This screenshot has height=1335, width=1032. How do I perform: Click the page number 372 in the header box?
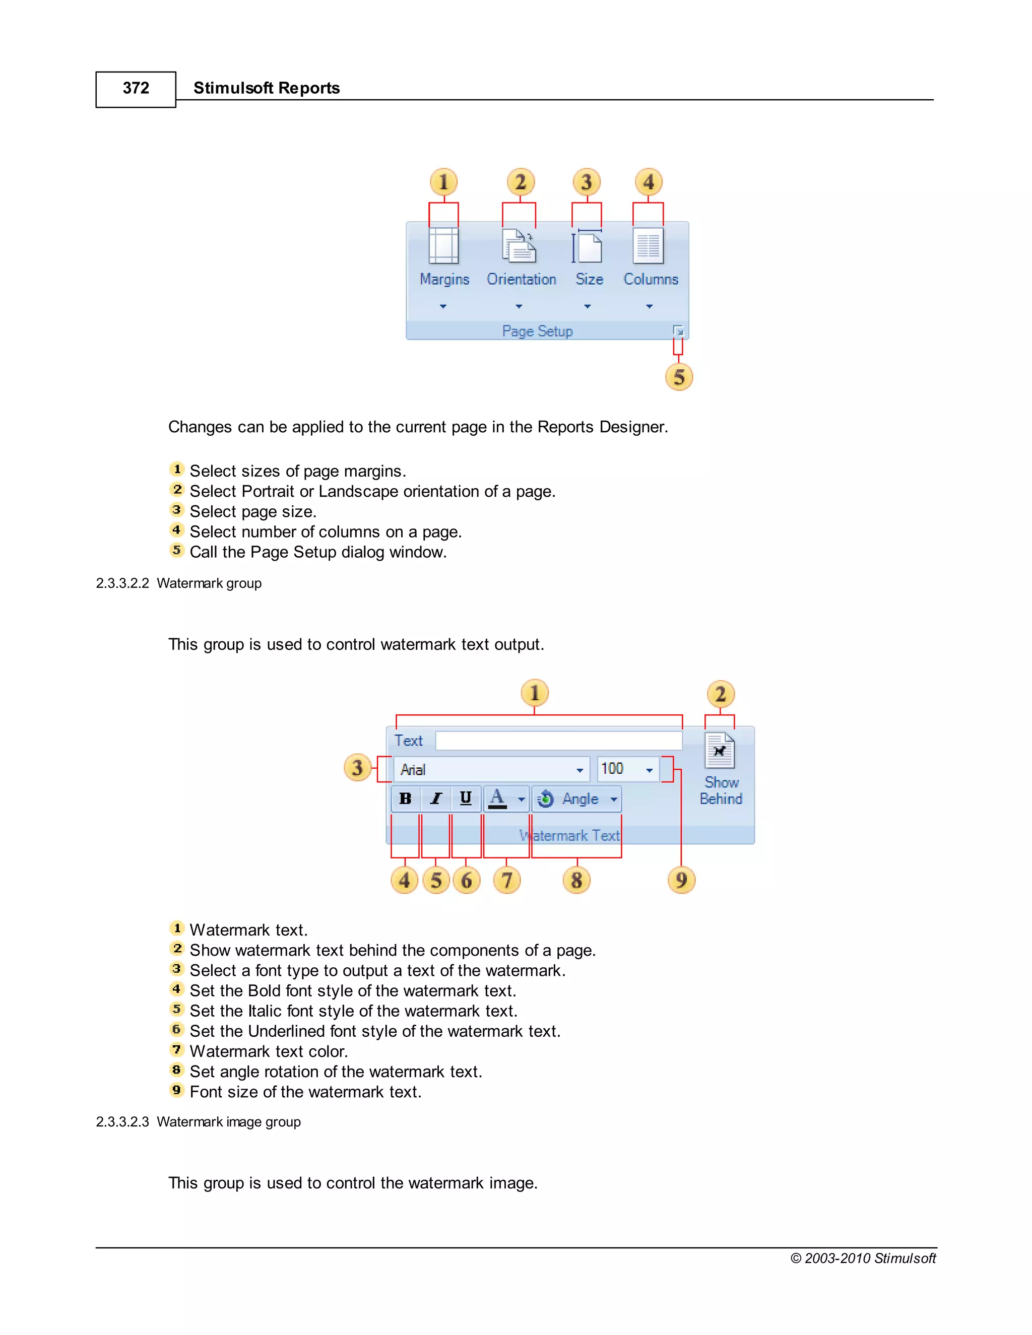pos(136,89)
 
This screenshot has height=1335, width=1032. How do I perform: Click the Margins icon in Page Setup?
pos(444,246)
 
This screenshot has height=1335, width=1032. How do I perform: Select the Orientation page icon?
pos(519,246)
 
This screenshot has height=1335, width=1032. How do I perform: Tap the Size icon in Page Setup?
pos(587,246)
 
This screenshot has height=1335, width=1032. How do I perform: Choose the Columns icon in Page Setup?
pos(648,246)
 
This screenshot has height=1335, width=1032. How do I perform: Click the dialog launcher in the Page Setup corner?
pos(678,331)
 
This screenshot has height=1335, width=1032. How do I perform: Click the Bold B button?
pos(405,798)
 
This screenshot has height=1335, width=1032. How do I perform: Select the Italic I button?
pos(436,798)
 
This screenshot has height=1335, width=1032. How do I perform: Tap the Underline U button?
pos(466,798)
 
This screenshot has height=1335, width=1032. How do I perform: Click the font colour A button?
pos(498,798)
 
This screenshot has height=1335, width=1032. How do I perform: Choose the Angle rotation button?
pos(576,799)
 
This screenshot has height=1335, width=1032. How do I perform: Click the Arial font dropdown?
pos(491,770)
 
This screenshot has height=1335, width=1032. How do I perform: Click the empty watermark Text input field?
pos(558,741)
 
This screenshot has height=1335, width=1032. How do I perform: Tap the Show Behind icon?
pos(720,751)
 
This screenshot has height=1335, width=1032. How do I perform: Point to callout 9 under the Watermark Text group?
pos(681,880)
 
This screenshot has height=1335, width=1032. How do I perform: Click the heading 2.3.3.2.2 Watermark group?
pos(178,583)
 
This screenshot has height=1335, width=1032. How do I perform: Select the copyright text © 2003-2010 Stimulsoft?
pos(863,1258)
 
